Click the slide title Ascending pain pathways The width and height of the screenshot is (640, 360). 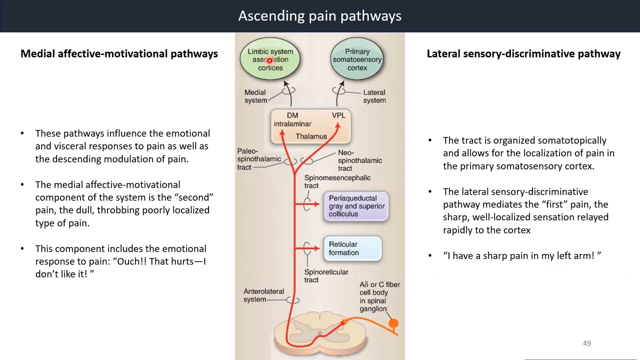coord(319,16)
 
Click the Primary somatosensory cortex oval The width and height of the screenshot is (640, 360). coord(357,59)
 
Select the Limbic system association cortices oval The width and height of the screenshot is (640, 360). coord(270,59)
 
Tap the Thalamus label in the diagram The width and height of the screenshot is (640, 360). coord(311,136)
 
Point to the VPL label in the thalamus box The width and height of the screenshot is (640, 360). coord(338,115)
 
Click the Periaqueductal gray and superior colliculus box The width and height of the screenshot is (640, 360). coord(356,206)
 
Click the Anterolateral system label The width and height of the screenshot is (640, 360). coord(263,295)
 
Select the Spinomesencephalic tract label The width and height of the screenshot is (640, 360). coord(337,181)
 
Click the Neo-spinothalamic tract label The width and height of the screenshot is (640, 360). coord(359,160)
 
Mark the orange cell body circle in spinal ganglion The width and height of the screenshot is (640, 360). coord(393,324)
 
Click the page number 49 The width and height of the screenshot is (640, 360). coord(587,343)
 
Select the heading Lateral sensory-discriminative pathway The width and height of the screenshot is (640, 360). coord(523,54)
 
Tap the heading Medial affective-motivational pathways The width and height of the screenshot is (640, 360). coord(119,54)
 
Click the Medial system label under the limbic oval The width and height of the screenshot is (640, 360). coord(255,96)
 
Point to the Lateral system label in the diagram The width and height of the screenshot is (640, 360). coord(374,96)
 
